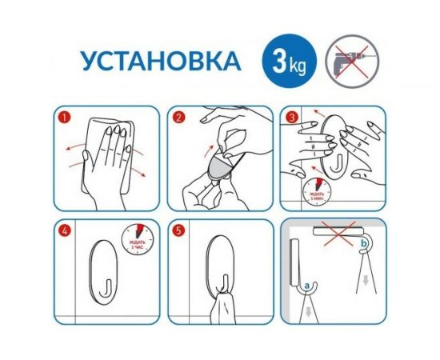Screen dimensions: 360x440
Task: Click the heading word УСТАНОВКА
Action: click(150, 62)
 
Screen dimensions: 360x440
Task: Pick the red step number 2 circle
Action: click(182, 118)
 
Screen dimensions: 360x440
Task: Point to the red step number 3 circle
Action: click(294, 118)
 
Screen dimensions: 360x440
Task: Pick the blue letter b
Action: click(366, 242)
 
